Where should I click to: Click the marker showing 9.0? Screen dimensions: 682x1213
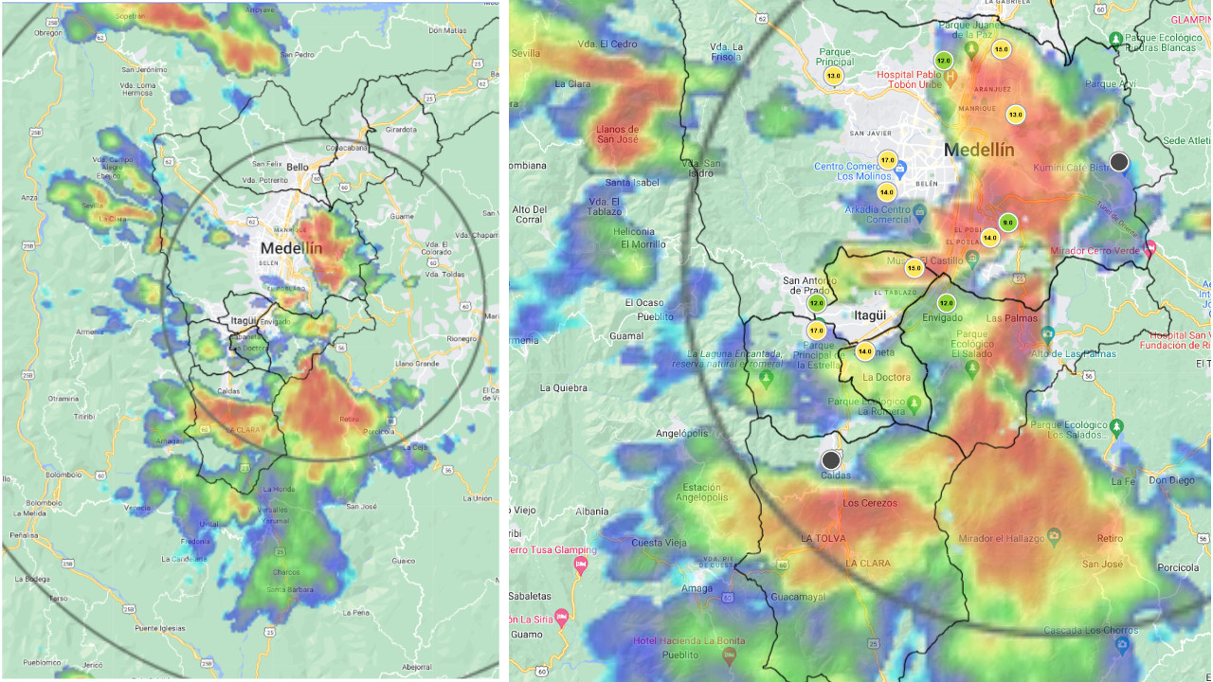coord(1007,224)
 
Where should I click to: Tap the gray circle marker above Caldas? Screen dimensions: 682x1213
coord(831,460)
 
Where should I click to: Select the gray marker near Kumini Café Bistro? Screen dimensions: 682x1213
coord(1119,162)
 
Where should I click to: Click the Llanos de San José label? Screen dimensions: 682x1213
coord(617,135)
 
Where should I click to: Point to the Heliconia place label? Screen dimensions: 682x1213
coord(634,231)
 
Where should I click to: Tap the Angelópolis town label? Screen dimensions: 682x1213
coord(681,433)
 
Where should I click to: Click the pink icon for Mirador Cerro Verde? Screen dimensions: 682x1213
coord(1150,248)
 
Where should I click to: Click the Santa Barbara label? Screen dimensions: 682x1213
coord(290,589)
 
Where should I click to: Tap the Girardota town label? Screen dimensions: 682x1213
coord(402,129)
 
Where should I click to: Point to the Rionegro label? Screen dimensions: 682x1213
coord(462,339)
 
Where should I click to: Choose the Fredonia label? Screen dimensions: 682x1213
coord(196,541)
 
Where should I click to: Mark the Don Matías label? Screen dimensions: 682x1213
coord(447,30)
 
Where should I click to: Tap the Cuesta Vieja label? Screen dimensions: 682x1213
coord(659,543)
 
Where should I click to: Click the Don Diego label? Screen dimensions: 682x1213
coord(1171,480)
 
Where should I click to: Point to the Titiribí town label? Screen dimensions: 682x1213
coord(85,416)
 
